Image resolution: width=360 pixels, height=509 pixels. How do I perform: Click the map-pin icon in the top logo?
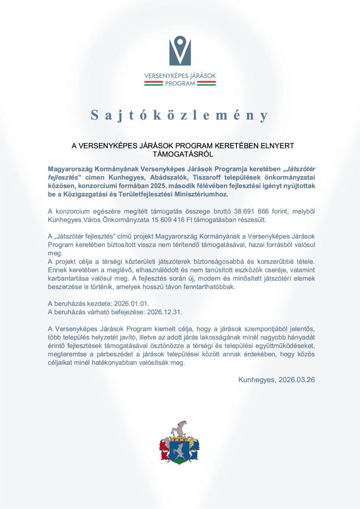pos(180,50)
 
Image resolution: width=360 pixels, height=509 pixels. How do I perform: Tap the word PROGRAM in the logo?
pos(180,84)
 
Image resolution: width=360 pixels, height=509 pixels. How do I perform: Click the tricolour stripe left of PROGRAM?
pos(153,84)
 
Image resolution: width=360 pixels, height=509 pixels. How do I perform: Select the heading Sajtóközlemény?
pos(180,115)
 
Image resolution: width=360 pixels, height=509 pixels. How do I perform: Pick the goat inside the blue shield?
pos(180,451)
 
